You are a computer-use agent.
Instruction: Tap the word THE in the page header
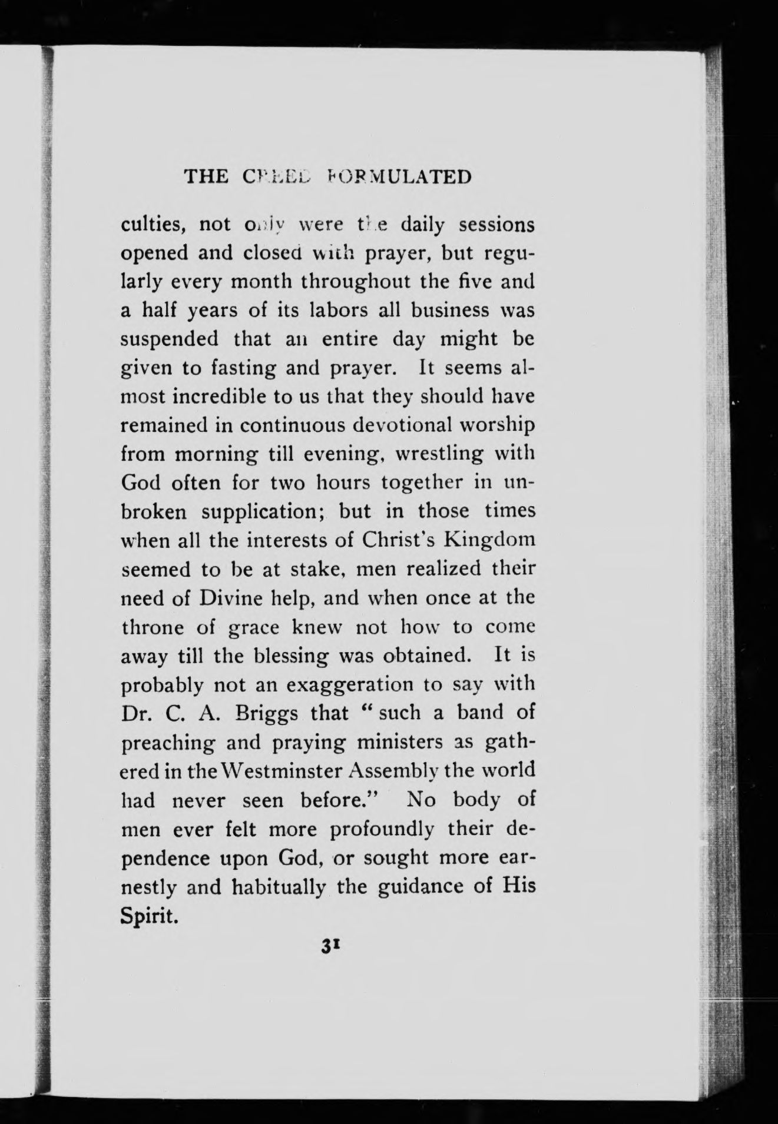[x=206, y=177]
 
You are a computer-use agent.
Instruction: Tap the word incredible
[x=220, y=397]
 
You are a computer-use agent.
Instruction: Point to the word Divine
[x=239, y=598]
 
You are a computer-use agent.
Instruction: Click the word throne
[x=153, y=627]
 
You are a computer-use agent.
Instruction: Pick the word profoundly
[x=382, y=829]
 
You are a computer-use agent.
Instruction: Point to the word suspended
[x=169, y=339]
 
